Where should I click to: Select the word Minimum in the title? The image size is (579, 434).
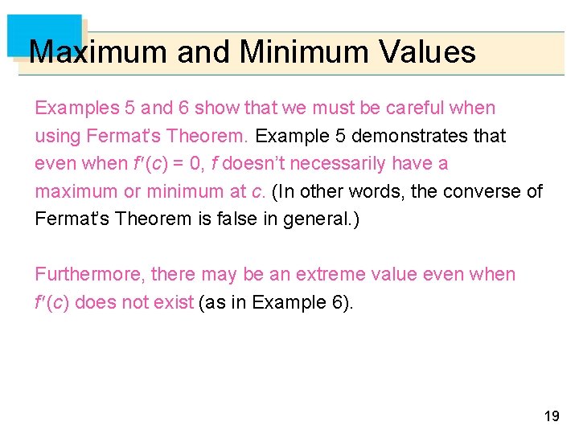point(292,52)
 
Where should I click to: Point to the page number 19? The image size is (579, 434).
point(552,416)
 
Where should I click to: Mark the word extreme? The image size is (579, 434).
point(328,274)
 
